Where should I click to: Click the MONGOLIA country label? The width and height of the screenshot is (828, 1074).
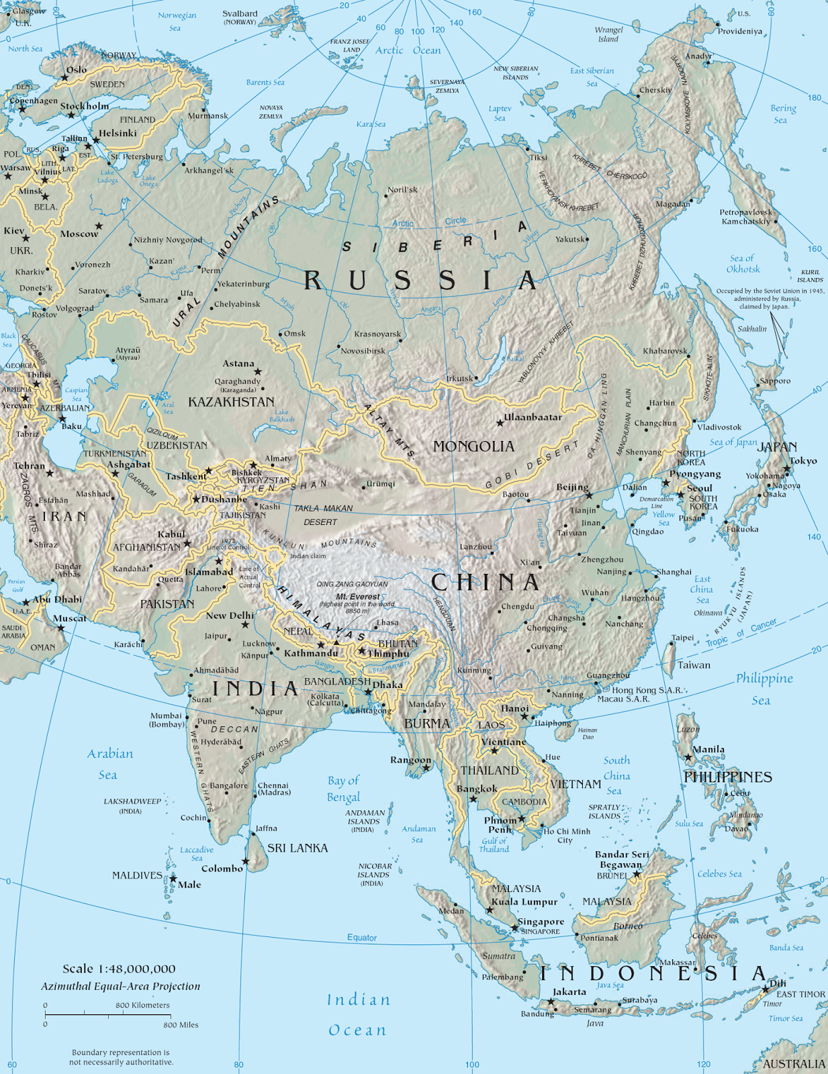473,446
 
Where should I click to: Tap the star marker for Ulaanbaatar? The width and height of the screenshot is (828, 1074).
500,423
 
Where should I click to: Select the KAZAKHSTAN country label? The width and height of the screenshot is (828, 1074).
231,402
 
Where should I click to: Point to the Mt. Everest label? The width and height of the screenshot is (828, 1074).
358,596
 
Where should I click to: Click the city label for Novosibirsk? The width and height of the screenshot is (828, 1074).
363,351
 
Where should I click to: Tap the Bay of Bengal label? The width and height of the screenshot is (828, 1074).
343,789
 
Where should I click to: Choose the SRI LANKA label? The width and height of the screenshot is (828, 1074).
297,848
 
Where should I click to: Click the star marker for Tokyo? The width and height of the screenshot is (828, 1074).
786,469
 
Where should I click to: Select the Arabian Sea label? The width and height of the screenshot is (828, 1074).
109,764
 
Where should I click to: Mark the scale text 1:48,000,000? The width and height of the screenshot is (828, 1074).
119,969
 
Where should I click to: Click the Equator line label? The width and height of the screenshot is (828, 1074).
362,938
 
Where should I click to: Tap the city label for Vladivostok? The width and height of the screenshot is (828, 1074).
719,427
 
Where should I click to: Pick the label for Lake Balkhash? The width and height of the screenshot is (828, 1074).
281,416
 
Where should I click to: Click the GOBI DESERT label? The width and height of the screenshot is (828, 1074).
532,466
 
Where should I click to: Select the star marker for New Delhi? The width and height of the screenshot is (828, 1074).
245,625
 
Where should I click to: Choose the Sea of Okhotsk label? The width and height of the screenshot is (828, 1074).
743,263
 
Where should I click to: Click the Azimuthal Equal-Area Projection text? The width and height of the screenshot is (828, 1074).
121,986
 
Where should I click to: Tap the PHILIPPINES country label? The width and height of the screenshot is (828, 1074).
727,777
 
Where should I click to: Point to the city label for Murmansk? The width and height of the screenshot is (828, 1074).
208,115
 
